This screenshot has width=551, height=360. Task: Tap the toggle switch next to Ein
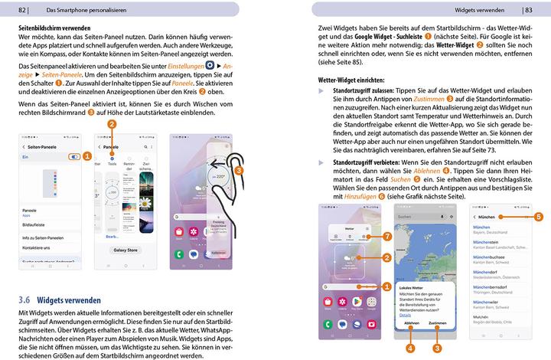pyautogui.click(x=73, y=155)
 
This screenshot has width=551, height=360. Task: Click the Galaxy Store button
pyautogui.click(x=125, y=250)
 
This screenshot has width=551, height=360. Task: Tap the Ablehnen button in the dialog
pyautogui.click(x=411, y=322)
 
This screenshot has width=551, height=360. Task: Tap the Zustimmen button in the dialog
pyautogui.click(x=437, y=322)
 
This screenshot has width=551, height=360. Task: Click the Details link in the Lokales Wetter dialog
pyautogui.click(x=405, y=314)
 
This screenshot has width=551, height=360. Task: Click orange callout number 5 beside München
pyautogui.click(x=539, y=217)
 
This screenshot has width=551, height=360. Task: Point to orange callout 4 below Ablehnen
pyautogui.click(x=411, y=348)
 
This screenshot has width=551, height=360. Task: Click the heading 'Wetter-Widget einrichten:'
pyautogui.click(x=345, y=79)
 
